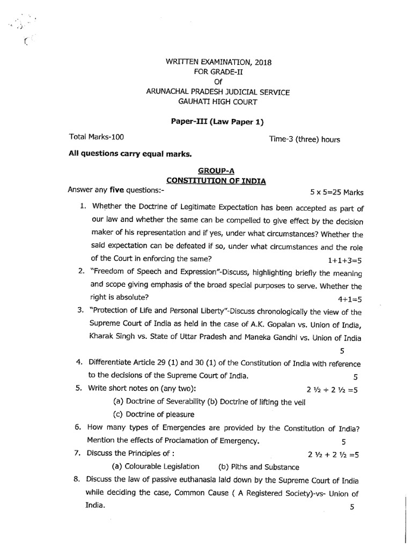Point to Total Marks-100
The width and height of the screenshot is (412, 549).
[x=98, y=137]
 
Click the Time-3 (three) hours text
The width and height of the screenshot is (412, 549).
[x=304, y=139]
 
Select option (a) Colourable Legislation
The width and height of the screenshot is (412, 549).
[x=155, y=466]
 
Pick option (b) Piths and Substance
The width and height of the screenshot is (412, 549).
[x=255, y=466]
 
